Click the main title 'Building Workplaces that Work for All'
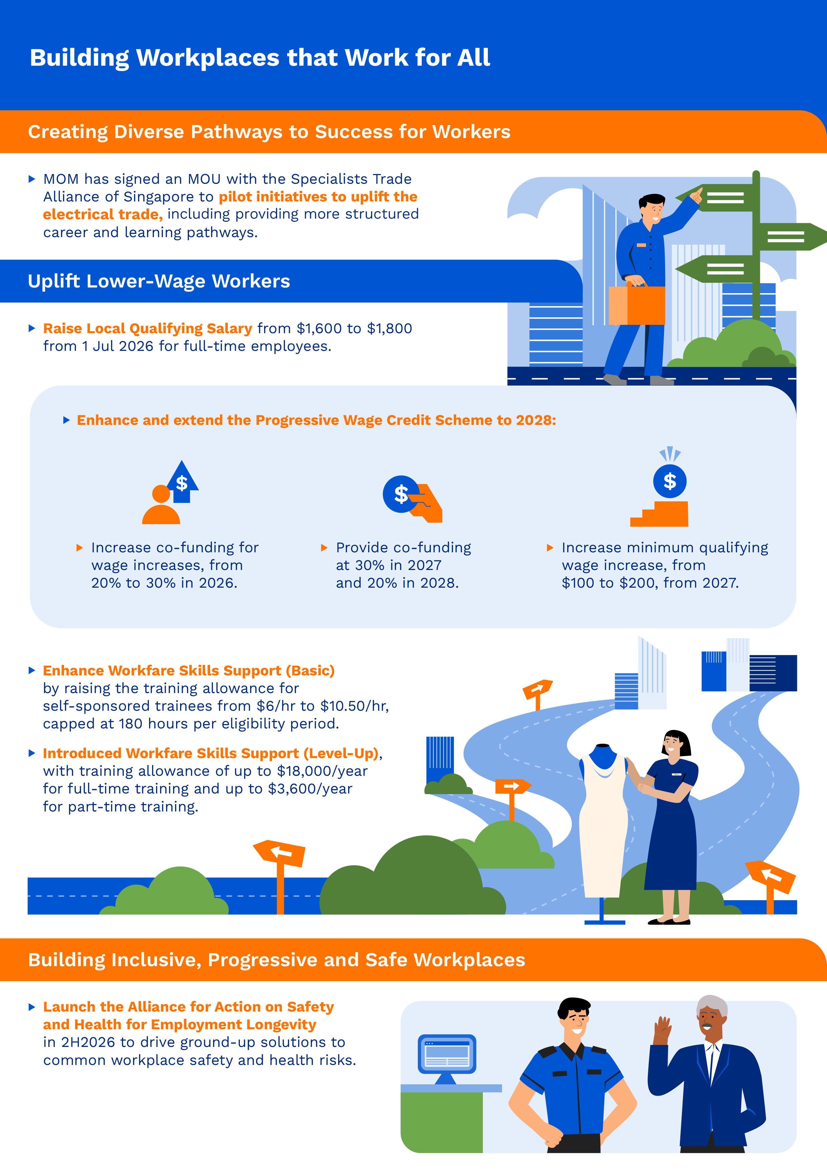coord(260,58)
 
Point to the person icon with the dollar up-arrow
coord(170,493)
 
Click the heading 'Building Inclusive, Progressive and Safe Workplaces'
coord(276,960)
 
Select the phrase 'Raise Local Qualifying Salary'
coord(148,329)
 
